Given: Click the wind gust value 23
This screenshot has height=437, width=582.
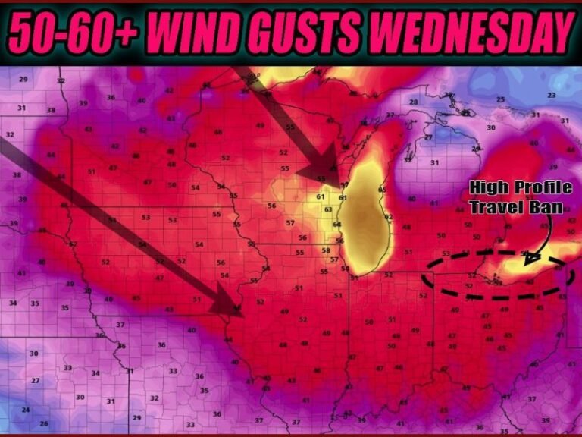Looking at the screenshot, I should click(x=551, y=95).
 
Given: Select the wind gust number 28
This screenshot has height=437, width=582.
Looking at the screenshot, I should click(x=414, y=102).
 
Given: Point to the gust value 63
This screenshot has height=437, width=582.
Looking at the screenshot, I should click(x=328, y=209).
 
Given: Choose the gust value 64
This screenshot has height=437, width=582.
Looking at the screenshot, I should click(x=337, y=225).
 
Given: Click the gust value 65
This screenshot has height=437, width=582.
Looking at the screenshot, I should click(x=382, y=189).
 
